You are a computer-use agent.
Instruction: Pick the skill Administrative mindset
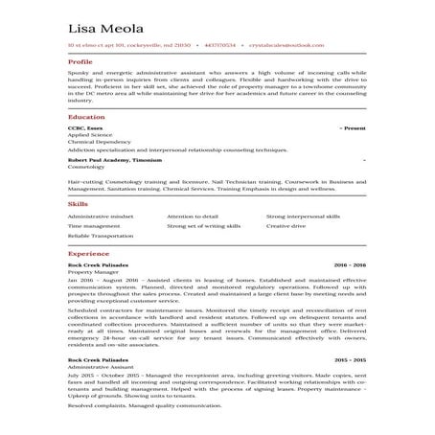[101, 217]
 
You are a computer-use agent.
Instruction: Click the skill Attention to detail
[193, 217]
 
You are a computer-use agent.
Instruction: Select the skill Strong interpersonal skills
[302, 217]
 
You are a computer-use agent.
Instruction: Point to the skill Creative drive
[286, 226]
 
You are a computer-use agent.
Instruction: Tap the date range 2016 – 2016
[350, 263]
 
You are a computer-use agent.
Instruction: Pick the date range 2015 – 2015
[350, 357]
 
